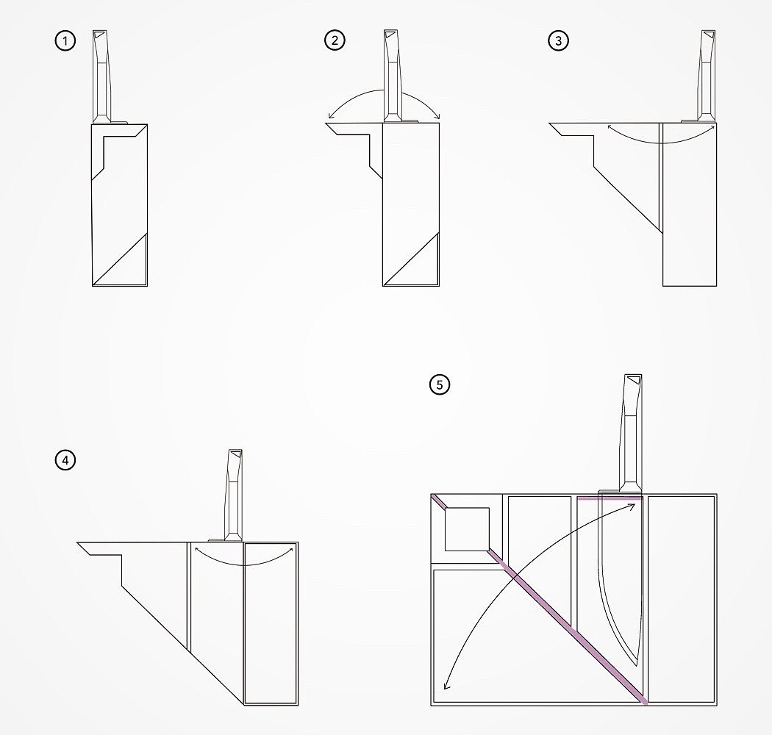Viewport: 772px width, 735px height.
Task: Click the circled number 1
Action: click(65, 40)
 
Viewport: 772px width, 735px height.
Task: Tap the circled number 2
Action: click(335, 40)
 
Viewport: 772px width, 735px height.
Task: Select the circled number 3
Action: click(558, 40)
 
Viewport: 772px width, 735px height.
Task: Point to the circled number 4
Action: click(65, 460)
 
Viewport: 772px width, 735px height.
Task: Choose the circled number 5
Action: click(440, 384)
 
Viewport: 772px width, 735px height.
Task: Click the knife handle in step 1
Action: click(101, 76)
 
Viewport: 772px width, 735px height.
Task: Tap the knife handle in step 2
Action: click(392, 76)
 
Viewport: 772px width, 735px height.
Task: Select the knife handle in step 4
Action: click(233, 495)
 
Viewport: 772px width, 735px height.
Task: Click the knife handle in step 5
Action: click(632, 433)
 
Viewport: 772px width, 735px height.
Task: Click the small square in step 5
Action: click(467, 529)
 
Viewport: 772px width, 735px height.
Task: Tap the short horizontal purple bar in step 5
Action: click(610, 498)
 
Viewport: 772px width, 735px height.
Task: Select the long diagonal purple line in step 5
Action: click(539, 600)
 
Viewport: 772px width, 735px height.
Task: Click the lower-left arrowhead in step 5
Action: click(446, 686)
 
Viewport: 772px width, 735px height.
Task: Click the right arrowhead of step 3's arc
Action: click(712, 127)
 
